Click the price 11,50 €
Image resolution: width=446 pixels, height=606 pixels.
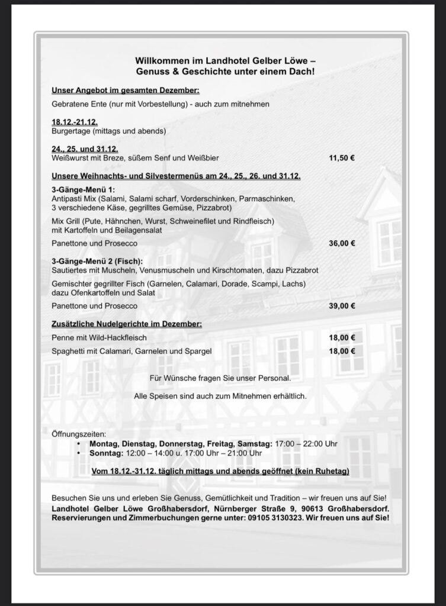tap(341, 159)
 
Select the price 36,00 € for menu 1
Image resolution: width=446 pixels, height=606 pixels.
tap(341, 243)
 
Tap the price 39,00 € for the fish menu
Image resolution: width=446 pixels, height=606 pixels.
tap(341, 306)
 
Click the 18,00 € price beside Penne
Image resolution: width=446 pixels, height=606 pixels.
tap(341, 337)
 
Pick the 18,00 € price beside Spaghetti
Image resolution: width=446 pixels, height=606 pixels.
tap(341, 351)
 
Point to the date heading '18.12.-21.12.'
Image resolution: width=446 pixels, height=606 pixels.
tap(75, 122)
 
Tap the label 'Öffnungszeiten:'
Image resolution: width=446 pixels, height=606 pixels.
tap(79, 434)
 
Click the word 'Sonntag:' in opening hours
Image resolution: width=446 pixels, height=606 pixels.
tap(106, 453)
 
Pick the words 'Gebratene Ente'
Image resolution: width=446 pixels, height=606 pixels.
tap(79, 104)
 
